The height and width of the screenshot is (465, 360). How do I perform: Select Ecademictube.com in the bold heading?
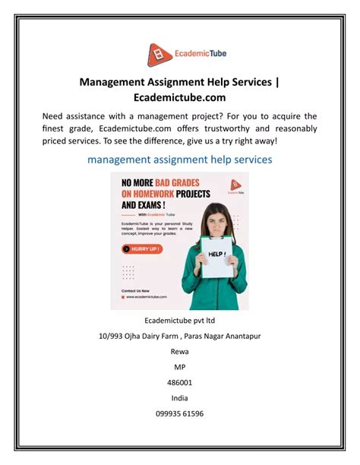click(179, 97)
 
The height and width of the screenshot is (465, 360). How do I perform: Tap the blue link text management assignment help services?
click(179, 160)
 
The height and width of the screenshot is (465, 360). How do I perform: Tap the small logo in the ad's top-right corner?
click(235, 185)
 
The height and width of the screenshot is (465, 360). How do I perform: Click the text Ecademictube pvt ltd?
click(179, 320)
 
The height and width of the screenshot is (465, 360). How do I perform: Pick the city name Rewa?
click(179, 352)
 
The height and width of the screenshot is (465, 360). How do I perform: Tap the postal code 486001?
click(179, 383)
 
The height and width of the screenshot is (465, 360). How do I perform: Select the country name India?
click(179, 398)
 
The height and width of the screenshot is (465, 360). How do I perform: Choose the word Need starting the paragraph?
click(55, 115)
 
